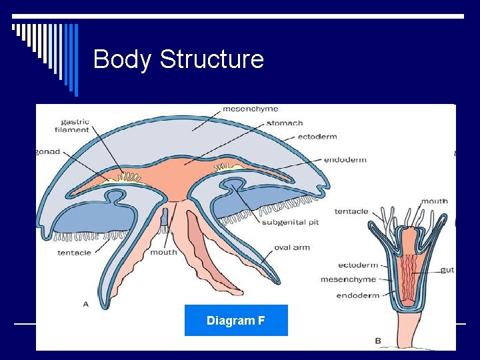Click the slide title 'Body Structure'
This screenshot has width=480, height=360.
click(x=179, y=59)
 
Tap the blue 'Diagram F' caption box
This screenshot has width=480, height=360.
click(x=236, y=321)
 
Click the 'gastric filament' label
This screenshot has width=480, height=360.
click(x=75, y=125)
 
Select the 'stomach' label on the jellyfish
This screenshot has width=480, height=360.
click(x=285, y=123)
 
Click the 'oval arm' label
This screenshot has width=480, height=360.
click(x=292, y=248)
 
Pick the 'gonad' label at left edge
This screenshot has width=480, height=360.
click(x=48, y=151)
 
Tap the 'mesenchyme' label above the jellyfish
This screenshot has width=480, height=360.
click(x=250, y=109)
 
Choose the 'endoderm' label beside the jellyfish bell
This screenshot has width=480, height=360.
click(x=345, y=160)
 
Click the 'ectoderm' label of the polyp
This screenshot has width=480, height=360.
click(x=358, y=265)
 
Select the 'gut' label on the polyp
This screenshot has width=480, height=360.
click(x=447, y=270)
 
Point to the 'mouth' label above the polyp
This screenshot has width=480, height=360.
click(x=434, y=201)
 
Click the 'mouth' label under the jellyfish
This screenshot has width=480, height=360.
click(x=164, y=252)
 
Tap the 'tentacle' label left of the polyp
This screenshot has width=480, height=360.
click(x=351, y=211)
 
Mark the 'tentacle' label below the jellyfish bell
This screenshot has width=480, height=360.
click(x=74, y=253)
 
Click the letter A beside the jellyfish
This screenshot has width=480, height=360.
click(x=85, y=304)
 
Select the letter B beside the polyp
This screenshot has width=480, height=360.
click(x=378, y=341)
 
